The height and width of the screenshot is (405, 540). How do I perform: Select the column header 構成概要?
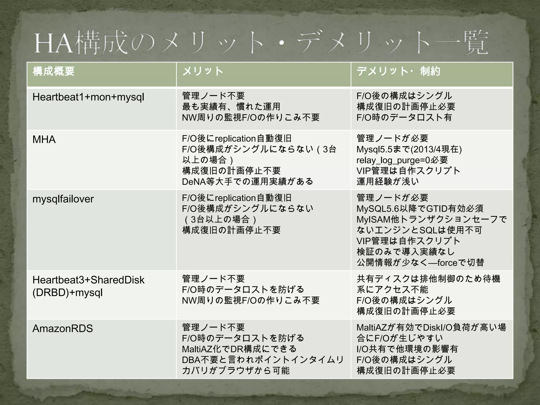[x=54, y=71]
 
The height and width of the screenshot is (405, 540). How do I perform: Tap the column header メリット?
[x=203, y=71]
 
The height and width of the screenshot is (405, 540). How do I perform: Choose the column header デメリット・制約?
[x=398, y=71]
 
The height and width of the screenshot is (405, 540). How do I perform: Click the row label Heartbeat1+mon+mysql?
[x=88, y=97]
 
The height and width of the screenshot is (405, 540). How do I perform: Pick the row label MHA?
[x=44, y=139]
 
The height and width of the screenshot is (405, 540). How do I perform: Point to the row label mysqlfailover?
[x=63, y=199]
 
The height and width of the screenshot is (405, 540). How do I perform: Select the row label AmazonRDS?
[x=62, y=329]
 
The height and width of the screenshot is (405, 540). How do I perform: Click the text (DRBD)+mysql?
[x=67, y=292]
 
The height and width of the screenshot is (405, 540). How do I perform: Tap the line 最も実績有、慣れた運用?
[x=231, y=107]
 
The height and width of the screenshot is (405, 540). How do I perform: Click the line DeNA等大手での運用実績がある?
[x=247, y=181]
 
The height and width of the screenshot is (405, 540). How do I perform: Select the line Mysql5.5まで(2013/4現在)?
[x=409, y=149]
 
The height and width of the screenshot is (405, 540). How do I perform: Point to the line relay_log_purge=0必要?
[x=402, y=160]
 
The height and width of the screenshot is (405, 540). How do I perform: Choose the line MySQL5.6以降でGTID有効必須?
[x=420, y=209]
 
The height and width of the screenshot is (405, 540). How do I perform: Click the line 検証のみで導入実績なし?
[x=406, y=252]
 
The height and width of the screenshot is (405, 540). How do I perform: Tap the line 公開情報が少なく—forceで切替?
[x=420, y=263]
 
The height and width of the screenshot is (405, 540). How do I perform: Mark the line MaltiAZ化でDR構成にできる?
[x=239, y=349]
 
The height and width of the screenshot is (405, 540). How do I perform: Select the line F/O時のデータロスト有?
[x=404, y=117]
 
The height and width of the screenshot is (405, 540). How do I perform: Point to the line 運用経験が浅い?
[x=388, y=181]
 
